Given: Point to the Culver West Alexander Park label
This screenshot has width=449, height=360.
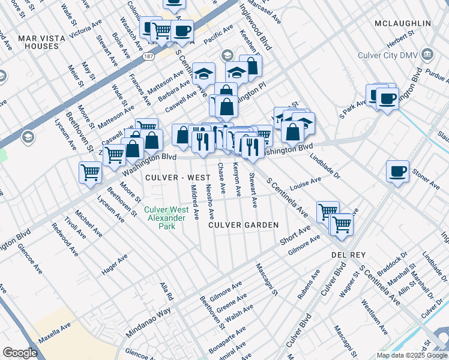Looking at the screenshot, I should [x=166, y=214].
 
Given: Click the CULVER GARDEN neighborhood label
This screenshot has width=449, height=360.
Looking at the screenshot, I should [x=244, y=225].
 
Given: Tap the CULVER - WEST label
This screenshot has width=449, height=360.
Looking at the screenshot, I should [x=178, y=178].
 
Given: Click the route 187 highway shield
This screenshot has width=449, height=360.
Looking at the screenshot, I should [x=148, y=56].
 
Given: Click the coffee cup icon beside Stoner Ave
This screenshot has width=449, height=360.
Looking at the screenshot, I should [x=397, y=171].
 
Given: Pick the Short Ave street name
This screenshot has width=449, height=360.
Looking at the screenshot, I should [x=295, y=235].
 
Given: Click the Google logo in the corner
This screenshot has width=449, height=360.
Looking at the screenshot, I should [x=20, y=353].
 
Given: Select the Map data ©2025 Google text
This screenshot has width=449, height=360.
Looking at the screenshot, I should [x=412, y=355].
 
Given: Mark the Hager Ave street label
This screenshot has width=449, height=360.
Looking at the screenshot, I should [x=115, y=265].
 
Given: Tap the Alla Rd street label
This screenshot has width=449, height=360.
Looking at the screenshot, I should [x=166, y=292].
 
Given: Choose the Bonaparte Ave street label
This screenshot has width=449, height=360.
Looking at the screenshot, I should [x=227, y=339].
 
